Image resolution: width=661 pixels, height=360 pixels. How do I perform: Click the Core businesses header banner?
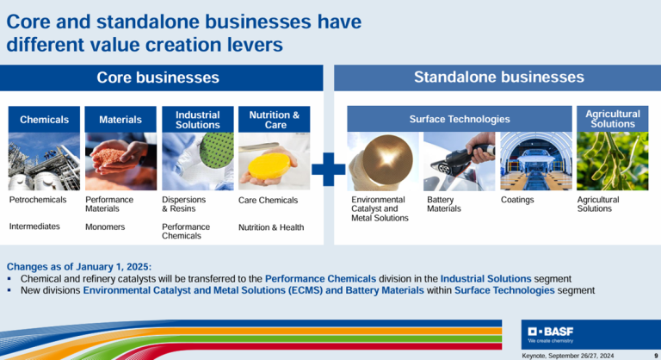pos(162,78)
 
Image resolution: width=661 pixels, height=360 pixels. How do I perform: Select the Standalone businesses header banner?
pos(497,78)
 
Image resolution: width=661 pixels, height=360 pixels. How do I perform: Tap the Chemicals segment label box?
pos(44,120)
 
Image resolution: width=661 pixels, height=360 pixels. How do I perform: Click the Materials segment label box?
pos(120,120)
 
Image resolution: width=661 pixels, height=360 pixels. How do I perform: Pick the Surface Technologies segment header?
pos(460,119)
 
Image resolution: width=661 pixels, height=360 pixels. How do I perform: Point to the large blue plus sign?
pos(329,170)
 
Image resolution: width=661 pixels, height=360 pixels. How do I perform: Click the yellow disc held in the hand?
pos(269,167)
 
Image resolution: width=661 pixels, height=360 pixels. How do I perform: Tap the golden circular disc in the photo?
pos(387,159)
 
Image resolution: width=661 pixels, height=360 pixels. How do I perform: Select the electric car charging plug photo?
pos(459,161)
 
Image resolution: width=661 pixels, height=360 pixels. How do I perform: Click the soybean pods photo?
pos(613,161)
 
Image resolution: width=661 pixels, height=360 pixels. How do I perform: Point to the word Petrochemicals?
pos(38,200)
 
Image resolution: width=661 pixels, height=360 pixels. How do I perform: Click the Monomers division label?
pos(105,227)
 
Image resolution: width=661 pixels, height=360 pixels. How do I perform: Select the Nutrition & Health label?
pos(271,227)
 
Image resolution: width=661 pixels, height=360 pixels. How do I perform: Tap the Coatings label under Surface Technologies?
pos(517,200)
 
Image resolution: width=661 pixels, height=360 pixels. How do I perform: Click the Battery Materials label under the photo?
pos(444,204)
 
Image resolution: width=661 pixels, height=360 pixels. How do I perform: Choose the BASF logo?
pos(551,334)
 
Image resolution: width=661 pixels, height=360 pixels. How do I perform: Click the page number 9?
pos(656,356)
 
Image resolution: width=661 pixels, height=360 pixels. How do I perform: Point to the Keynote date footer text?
pos(568,356)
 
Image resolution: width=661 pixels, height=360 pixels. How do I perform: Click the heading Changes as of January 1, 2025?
pos(79,267)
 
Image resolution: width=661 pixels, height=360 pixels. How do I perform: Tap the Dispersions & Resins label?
pos(184,204)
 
